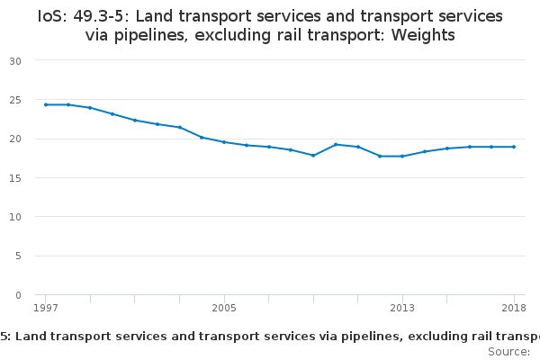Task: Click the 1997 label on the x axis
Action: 46,309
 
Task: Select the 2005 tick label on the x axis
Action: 224,309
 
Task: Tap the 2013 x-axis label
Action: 402,309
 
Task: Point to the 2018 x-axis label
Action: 514,309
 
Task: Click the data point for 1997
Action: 46,104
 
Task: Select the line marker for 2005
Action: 224,142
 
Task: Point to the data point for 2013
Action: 402,157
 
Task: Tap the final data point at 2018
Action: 514,147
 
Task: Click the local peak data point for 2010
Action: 336,144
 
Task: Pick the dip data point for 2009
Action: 313,156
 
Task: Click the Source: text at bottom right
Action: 508,352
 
